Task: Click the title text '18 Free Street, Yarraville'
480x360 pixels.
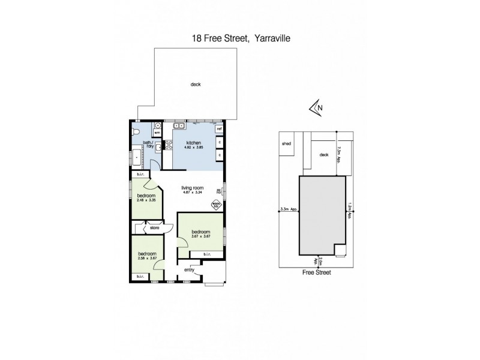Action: click(x=240, y=38)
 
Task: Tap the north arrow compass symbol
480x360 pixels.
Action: click(x=315, y=107)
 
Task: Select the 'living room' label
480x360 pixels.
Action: click(x=193, y=188)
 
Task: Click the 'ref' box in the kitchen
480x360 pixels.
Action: click(x=220, y=129)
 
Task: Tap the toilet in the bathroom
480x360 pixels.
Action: click(x=136, y=131)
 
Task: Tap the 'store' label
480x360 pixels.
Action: click(x=154, y=227)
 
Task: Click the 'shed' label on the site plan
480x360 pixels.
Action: click(x=286, y=144)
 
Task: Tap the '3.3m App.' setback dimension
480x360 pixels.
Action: click(x=289, y=210)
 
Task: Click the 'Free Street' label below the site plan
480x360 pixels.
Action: click(x=317, y=272)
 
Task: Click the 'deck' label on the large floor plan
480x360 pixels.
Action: click(x=196, y=85)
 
